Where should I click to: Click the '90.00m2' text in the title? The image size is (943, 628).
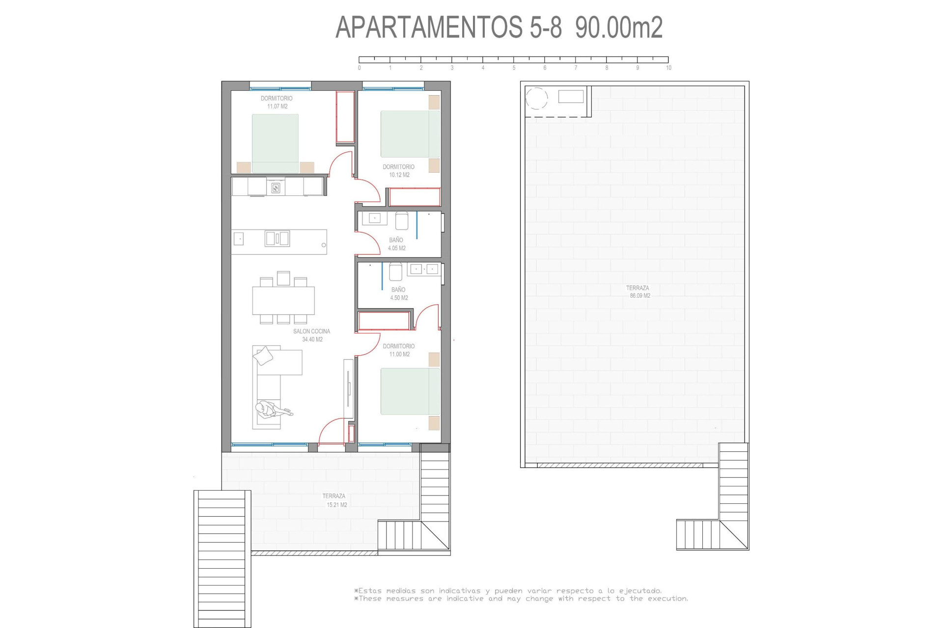coord(619,27)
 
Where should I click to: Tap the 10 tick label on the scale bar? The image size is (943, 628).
coord(668,68)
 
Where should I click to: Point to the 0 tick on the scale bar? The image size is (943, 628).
coord(359,68)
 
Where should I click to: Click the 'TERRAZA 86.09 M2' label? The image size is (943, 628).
coord(638,292)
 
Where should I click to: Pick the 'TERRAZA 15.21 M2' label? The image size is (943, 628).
coord(334,500)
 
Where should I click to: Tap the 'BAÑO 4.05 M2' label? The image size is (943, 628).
coord(396,244)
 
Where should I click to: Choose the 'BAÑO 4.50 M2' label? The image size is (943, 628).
coord(399,293)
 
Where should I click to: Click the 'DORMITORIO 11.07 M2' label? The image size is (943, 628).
coord(277,102)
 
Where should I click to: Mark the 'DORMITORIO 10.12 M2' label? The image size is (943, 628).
coord(398,171)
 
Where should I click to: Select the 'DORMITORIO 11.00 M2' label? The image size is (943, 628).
coord(398,350)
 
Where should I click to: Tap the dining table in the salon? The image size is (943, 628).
coord(283,300)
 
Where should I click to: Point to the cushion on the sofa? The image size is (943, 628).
coord(263,356)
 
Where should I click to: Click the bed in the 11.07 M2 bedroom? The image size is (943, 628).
coord(275,143)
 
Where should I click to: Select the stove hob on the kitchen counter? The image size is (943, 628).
coord(276,187)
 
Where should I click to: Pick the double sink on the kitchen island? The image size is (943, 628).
coord(277,238)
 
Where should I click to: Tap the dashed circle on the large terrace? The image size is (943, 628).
coord(536,98)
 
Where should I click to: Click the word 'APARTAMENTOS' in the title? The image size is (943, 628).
coord(429,27)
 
